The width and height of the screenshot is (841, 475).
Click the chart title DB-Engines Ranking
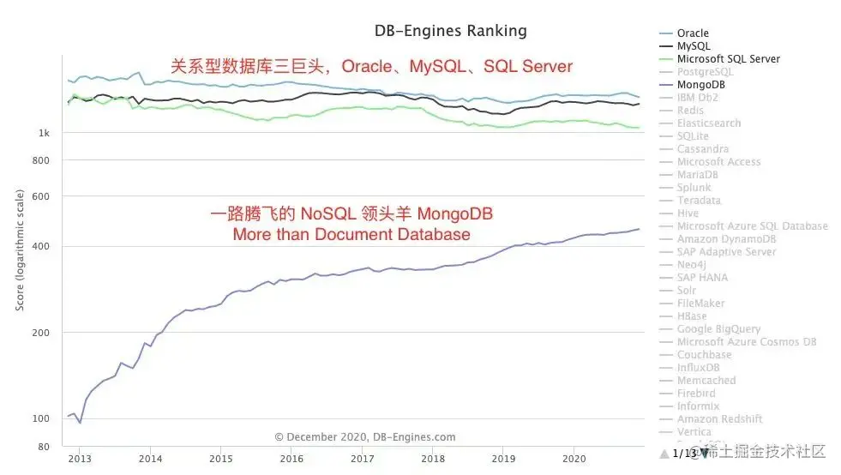point(450,31)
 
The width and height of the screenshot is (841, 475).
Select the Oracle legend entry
point(693,33)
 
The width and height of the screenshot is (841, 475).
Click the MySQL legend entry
point(693,46)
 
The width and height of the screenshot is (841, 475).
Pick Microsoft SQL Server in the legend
point(728,59)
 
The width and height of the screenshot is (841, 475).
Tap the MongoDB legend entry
point(701,85)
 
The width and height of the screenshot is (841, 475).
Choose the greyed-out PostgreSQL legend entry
point(705,72)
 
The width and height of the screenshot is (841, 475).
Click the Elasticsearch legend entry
point(708,123)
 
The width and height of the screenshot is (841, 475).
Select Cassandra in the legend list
point(702,149)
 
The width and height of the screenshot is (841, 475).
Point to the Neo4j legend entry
point(690,265)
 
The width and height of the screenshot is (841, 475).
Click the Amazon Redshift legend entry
point(719,419)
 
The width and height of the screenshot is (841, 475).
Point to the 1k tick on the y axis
point(43,134)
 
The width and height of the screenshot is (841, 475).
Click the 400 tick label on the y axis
point(42,247)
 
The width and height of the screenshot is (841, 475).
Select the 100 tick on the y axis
point(42,418)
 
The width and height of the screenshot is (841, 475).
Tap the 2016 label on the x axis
point(291,459)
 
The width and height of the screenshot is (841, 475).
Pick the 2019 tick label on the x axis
point(504,459)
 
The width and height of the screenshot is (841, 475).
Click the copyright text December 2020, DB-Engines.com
point(365,436)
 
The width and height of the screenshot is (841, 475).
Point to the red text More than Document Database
point(351,234)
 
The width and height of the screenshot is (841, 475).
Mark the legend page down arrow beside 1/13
point(705,452)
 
